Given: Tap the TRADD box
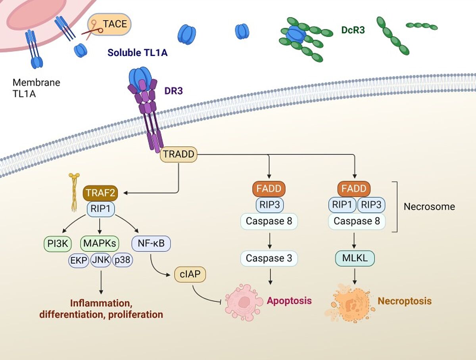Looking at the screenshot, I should tap(178, 154).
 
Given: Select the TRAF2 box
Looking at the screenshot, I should tap(101, 193).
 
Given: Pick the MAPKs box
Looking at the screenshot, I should tap(99, 243).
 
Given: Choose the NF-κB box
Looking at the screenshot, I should tap(151, 243).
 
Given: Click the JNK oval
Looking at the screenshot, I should tap(101, 260).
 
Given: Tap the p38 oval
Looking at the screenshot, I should tap(123, 260).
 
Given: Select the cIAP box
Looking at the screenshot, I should tap(190, 274).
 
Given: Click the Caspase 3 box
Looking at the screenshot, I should tap(269, 259).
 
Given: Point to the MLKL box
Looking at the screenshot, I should tap(355, 259).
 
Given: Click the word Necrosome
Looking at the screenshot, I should tap(429, 207).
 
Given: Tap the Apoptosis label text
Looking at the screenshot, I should tap(289, 301).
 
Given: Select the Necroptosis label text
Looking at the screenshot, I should tap(405, 301).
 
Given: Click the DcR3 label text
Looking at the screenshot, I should tap(353, 30).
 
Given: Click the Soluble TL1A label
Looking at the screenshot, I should tap(137, 52).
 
